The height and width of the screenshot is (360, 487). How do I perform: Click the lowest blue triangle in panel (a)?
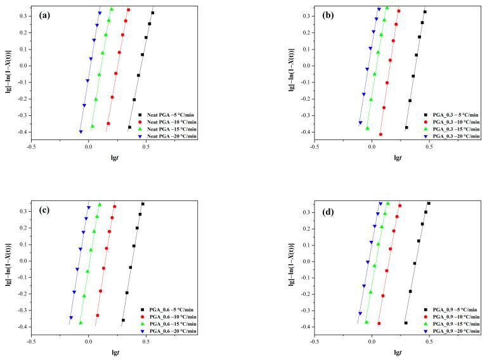pyautogui.click(x=81, y=132)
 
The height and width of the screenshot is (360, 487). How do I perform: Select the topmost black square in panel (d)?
pyautogui.click(x=429, y=203)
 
